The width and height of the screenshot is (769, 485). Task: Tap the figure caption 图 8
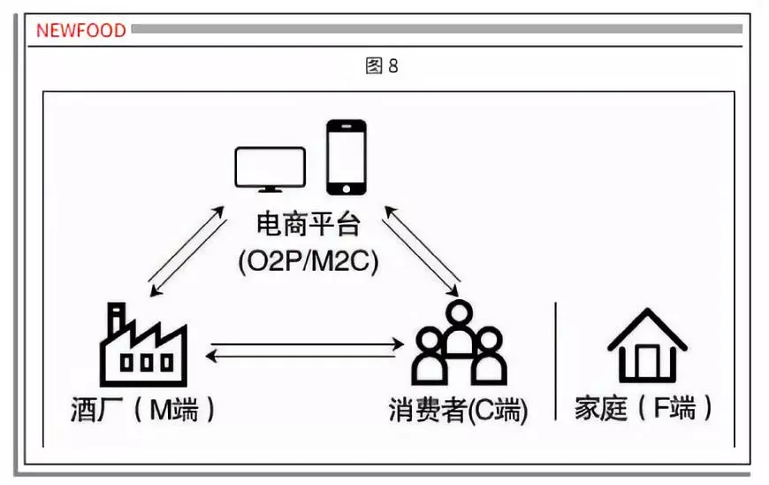click(x=382, y=66)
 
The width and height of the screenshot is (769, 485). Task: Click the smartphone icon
click(x=346, y=157)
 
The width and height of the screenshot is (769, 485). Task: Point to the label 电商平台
click(x=308, y=225)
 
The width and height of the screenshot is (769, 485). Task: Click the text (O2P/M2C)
click(x=308, y=261)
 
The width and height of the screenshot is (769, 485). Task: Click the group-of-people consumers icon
click(x=459, y=343)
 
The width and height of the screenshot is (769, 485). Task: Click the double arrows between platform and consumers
click(x=422, y=251)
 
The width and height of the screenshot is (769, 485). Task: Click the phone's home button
click(x=346, y=187)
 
